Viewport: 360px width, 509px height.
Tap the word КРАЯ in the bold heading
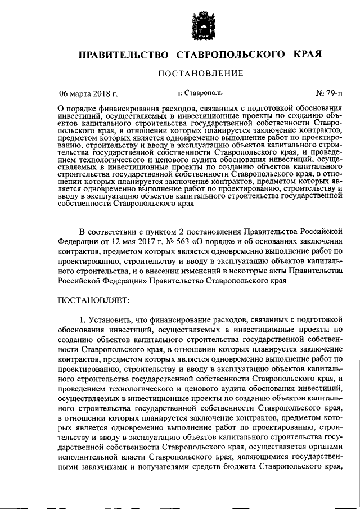[x=307, y=54]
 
